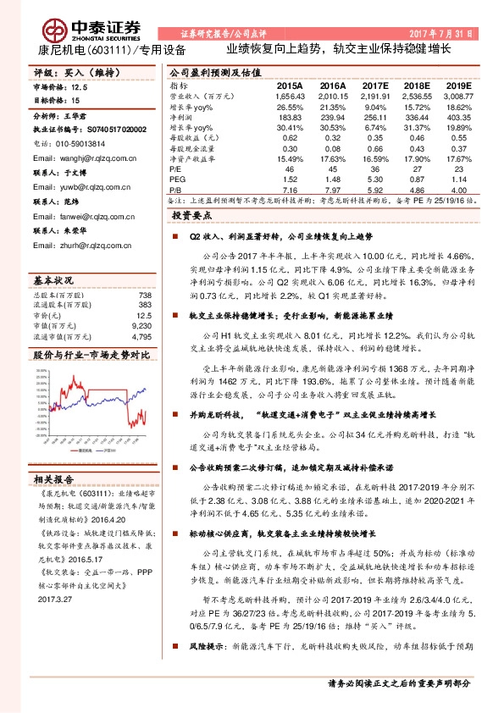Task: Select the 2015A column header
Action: pyautogui.click(x=289, y=86)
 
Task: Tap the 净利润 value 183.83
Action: pyautogui.click(x=290, y=118)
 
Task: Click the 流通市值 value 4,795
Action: pyautogui.click(x=141, y=336)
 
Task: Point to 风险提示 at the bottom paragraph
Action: pyautogui.click(x=208, y=668)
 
